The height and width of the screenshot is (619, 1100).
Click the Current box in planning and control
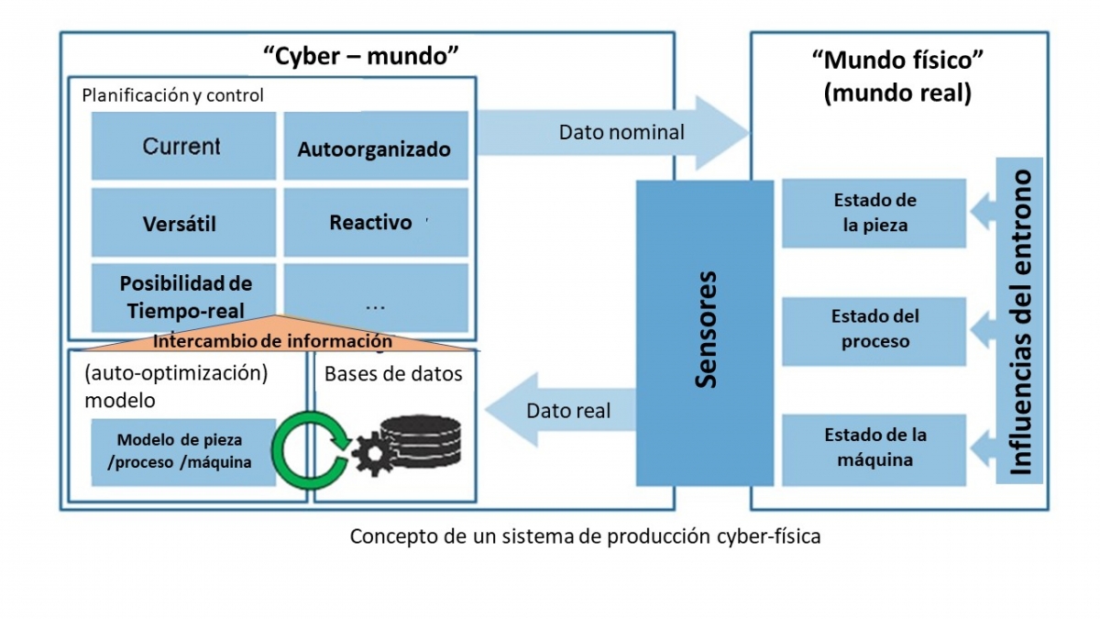[182, 146]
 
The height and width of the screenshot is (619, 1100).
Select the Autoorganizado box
[375, 147]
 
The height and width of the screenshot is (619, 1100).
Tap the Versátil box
[182, 224]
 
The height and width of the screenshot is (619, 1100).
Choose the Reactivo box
[375, 222]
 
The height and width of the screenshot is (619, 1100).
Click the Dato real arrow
[568, 411]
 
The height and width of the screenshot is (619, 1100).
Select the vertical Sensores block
[705, 331]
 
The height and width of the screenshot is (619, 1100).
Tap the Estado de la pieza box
[874, 213]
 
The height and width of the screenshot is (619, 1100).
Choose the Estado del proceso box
[874, 328]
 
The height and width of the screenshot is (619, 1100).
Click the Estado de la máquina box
[874, 448]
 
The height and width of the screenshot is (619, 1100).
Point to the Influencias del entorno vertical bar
[1020, 320]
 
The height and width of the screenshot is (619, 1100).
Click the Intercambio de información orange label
[272, 341]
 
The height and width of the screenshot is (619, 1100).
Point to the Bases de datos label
[393, 374]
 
